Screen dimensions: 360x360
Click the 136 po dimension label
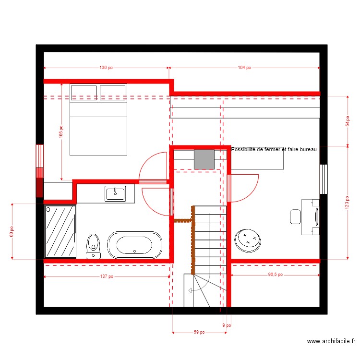(106, 68)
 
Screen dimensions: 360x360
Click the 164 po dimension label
(244, 68)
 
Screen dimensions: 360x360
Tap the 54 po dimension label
(348, 121)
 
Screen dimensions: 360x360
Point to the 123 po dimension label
(348, 202)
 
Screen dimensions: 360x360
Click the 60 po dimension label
(12, 232)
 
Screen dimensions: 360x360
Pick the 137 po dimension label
(107, 276)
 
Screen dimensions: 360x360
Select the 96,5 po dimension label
(275, 275)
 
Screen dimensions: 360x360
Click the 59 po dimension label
(199, 332)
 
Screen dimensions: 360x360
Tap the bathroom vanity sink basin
(115, 193)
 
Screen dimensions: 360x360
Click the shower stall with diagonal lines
(60, 231)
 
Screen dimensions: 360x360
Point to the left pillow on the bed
(84, 93)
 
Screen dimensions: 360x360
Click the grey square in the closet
(204, 159)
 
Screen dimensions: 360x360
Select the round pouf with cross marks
(248, 239)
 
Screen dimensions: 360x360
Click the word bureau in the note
(307, 150)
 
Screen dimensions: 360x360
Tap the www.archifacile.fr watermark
(331, 342)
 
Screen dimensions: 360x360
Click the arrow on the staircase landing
(191, 290)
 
